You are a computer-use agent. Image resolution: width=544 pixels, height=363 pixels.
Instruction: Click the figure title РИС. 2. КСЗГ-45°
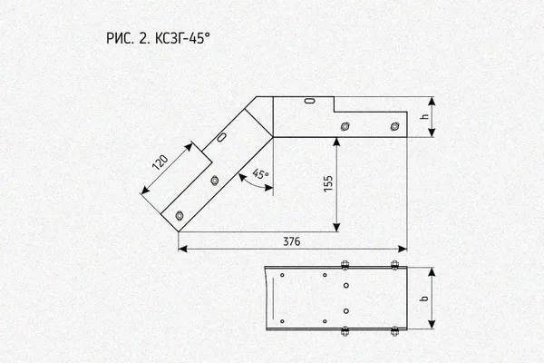click(x=158, y=38)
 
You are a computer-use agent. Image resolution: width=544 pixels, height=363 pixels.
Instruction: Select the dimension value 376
click(x=291, y=241)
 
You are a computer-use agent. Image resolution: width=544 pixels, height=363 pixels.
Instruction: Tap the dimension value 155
click(x=328, y=183)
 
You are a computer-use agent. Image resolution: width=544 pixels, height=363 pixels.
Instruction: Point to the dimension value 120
click(x=160, y=162)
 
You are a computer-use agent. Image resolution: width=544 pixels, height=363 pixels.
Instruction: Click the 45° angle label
click(x=260, y=173)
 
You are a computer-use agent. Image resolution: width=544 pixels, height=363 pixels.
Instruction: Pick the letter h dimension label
click(x=424, y=117)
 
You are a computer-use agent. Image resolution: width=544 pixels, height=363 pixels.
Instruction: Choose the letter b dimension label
click(x=424, y=298)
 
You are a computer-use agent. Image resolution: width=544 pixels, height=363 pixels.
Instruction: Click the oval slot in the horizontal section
click(x=309, y=101)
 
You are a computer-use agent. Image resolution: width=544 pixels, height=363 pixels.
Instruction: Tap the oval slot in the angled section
click(x=222, y=137)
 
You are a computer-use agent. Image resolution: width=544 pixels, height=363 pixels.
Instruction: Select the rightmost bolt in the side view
click(x=394, y=126)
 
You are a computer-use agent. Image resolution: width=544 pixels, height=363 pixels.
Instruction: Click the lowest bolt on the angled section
click(x=180, y=215)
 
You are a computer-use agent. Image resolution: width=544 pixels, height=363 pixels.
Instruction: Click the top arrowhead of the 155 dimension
click(x=336, y=142)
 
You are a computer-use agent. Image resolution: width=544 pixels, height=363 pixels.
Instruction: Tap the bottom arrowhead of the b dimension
click(x=432, y=325)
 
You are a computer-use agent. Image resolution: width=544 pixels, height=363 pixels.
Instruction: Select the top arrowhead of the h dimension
click(x=432, y=101)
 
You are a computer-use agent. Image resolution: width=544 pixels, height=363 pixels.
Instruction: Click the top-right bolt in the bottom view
click(x=394, y=265)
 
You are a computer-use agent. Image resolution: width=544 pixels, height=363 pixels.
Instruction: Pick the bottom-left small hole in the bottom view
click(x=282, y=321)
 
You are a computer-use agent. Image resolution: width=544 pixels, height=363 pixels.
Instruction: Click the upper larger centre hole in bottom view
click(x=346, y=286)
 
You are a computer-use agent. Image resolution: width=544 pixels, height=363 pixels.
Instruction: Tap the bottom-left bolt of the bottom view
click(x=345, y=331)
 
